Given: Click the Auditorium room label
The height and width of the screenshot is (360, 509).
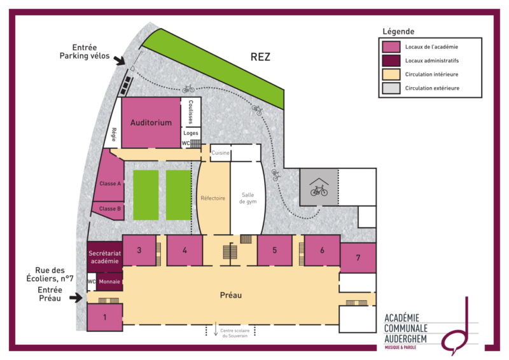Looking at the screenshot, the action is click(x=151, y=123).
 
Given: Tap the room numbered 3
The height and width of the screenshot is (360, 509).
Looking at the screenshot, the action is click(x=139, y=250).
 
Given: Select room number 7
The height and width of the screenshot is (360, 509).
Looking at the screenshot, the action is click(x=358, y=258).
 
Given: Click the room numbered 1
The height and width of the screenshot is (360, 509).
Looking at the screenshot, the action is click(x=104, y=317).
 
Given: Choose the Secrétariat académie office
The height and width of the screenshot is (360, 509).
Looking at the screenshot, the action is click(x=104, y=257).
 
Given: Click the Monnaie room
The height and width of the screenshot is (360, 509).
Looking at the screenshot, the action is click(x=109, y=282).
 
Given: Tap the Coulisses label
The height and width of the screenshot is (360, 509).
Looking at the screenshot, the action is click(x=190, y=112).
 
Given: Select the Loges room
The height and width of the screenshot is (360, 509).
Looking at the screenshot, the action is click(x=190, y=133).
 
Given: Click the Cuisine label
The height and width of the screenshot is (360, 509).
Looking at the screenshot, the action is click(x=220, y=153).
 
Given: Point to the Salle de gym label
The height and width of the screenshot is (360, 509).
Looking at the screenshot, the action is click(x=248, y=198).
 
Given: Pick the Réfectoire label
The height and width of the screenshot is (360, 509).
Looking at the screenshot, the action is click(x=213, y=198).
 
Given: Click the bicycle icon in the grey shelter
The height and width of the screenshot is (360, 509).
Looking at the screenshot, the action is click(x=319, y=191).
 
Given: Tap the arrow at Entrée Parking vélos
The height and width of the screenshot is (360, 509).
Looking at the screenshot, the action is click(x=119, y=60).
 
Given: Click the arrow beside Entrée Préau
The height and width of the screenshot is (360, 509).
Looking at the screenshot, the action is click(x=76, y=297).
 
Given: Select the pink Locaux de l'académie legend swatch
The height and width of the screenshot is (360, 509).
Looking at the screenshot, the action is click(x=391, y=46).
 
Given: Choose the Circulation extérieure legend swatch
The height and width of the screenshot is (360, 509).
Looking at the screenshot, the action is click(x=391, y=88).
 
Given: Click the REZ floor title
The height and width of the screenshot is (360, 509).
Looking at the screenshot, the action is click(x=260, y=57).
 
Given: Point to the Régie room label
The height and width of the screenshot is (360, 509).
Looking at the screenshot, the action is click(x=114, y=134).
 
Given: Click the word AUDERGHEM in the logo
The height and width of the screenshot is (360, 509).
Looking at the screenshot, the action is click(x=405, y=339).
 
